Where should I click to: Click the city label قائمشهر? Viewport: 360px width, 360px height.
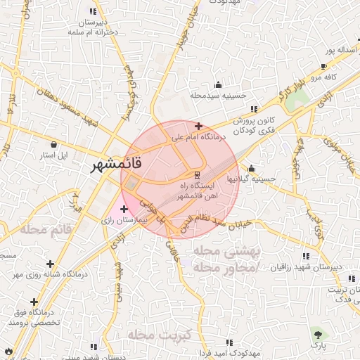[x=117, y=166]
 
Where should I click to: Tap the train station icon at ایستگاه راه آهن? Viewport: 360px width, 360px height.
[x=198, y=174]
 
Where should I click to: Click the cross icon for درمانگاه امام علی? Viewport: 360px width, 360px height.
[x=199, y=127]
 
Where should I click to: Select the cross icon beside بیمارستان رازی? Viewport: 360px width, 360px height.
[x=124, y=209]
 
